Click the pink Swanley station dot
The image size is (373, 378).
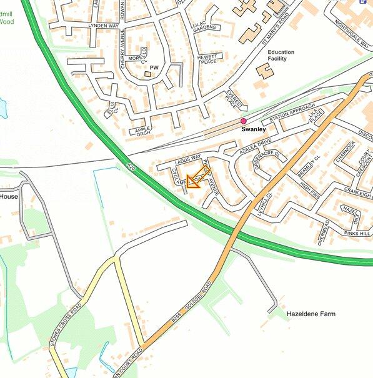244,121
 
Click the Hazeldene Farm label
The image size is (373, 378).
311,313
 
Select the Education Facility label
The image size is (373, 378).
285,56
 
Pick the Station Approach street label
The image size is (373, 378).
289,116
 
